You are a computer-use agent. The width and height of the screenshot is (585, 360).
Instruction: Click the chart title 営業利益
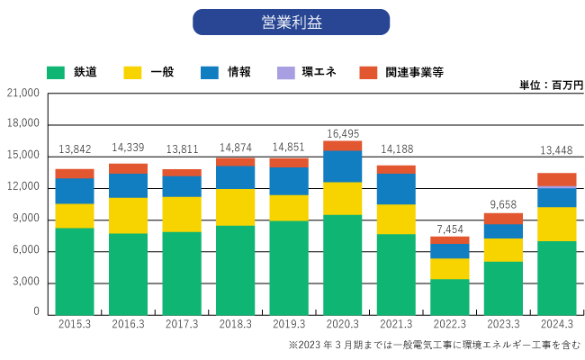pyautogui.click(x=291, y=22)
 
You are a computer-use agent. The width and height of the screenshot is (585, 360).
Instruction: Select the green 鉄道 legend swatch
pyautogui.click(x=57, y=71)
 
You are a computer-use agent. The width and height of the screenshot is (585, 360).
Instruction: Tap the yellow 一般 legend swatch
pyautogui.click(x=132, y=71)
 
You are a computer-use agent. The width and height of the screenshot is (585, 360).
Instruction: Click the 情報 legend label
pyautogui.click(x=238, y=71)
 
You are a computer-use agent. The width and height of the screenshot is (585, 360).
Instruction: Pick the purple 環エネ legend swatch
pyautogui.click(x=286, y=71)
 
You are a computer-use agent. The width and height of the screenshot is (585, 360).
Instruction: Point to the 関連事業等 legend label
pyautogui.click(x=414, y=71)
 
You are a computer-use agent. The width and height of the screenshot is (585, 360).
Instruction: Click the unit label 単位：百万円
pyautogui.click(x=551, y=85)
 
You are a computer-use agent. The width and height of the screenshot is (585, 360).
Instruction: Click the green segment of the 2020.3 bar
pyautogui.click(x=342, y=264)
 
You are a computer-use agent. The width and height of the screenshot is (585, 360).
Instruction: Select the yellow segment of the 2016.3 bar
pyautogui.click(x=128, y=215)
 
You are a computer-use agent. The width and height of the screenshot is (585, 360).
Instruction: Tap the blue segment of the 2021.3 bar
pyautogui.click(x=395, y=189)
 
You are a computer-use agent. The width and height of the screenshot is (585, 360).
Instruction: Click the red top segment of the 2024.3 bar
pyautogui.click(x=556, y=180)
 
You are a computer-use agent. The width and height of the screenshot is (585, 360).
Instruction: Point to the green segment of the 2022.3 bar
pyautogui.click(x=449, y=296)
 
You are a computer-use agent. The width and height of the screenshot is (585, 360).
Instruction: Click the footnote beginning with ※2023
pyautogui.click(x=433, y=345)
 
